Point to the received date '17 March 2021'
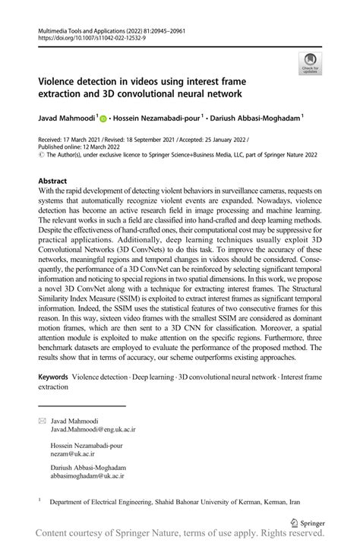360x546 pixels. (x=85, y=142)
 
